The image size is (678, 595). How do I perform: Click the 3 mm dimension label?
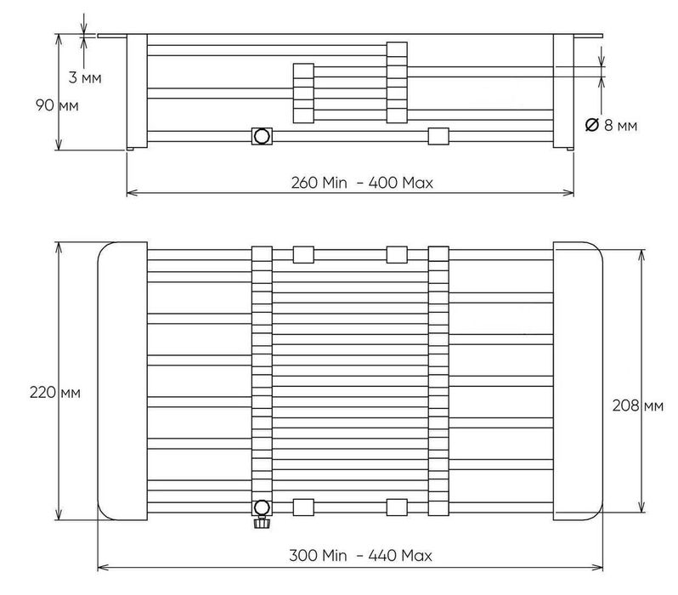tap(84, 78)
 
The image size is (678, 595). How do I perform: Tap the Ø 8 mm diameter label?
tap(611, 125)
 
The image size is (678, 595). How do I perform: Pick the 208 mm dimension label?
tap(637, 405)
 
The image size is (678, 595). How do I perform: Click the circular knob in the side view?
tap(262, 136)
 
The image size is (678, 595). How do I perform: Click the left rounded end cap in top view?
tap(122, 380)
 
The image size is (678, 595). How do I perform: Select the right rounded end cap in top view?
tap(578, 380)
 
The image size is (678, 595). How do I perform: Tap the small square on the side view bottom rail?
tap(438, 136)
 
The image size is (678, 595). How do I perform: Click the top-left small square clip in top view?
tap(303, 254)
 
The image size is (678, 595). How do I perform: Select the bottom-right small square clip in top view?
tap(397, 507)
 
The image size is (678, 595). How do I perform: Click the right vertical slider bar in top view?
tap(438, 380)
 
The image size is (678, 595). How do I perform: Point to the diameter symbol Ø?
tap(591, 125)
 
